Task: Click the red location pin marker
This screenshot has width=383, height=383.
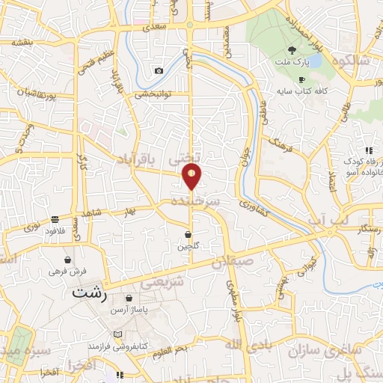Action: [x=191, y=177]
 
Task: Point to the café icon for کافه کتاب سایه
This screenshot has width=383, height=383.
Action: [x=301, y=80]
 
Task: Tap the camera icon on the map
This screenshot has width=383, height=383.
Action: [x=159, y=71]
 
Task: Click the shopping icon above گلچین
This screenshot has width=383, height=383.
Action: [x=187, y=235]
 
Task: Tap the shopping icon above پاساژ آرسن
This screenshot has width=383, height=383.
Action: [x=129, y=298]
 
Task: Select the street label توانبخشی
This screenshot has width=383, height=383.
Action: [x=153, y=94]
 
